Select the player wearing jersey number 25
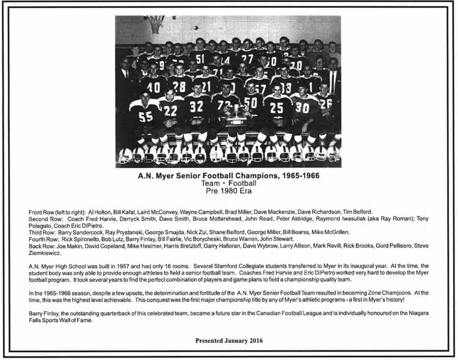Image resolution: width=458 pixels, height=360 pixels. pos(277,109)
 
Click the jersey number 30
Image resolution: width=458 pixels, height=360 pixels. pos(302,108)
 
